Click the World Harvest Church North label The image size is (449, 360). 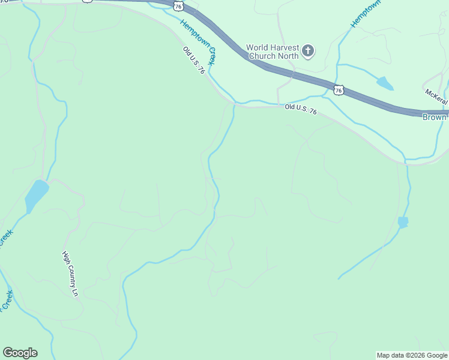coord(273,52)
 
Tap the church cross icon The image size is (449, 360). coord(308,51)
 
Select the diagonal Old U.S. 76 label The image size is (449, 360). coord(194,61)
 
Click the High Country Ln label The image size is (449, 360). coord(71,275)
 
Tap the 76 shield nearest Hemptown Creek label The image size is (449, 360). coord(177,5)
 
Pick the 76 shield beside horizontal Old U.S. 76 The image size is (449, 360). coord(339,90)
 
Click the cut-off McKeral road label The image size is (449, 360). coord(437,95)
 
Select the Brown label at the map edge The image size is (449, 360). coord(435,118)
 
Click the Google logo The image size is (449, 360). coord(20,353)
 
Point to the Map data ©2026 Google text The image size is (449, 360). coord(411,355)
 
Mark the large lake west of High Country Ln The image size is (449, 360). coord(36,195)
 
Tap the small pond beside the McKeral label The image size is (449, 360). coord(385,83)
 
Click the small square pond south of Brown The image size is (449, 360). coord(403,223)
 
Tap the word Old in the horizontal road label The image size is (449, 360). coord(291,106)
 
